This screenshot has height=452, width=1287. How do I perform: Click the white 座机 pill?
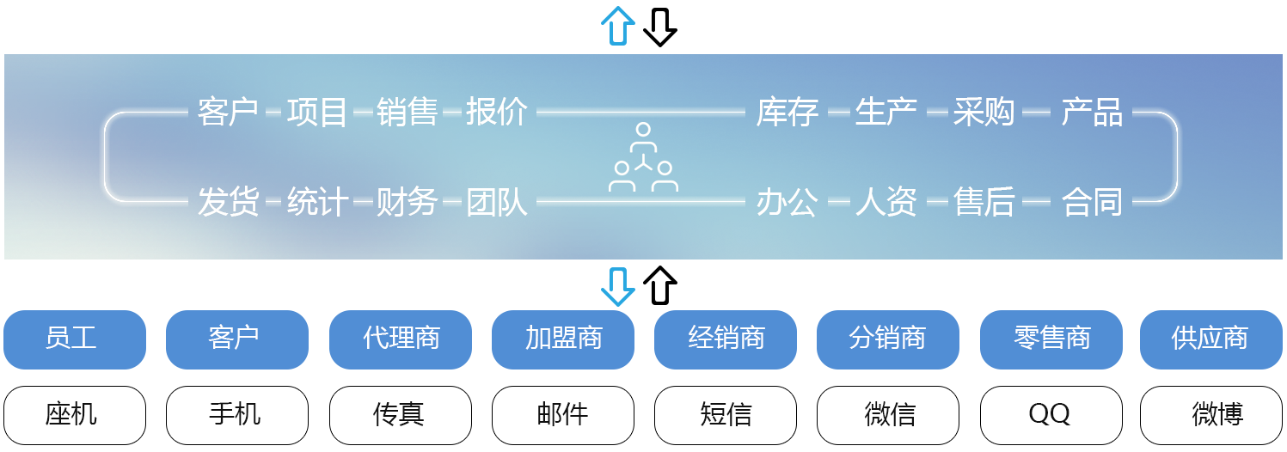tap(75, 415)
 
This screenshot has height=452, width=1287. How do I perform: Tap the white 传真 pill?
tap(401, 415)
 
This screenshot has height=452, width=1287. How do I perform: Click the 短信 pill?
tap(726, 415)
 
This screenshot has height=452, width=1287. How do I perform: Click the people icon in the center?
tap(643, 158)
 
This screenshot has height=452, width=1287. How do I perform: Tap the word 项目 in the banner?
tap(317, 113)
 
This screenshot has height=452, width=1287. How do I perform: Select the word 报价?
tap(496, 113)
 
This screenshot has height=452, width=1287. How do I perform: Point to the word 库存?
tap(787, 113)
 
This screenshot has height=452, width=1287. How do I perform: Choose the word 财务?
tap(407, 203)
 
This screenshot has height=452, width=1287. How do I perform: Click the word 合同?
tap(1092, 203)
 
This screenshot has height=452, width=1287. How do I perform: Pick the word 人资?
tap(886, 203)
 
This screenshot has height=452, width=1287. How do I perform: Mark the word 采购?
tap(984, 113)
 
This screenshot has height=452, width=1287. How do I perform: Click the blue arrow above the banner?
tap(617, 27)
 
